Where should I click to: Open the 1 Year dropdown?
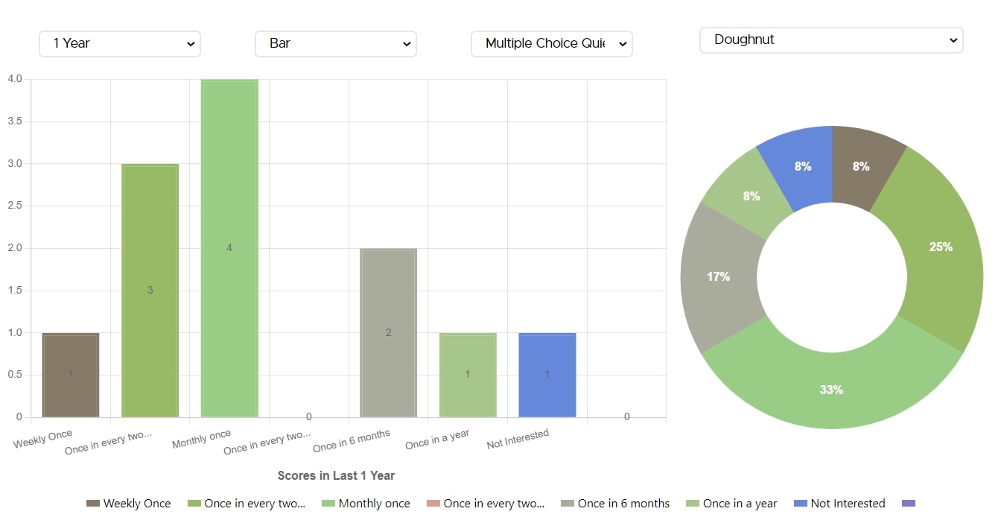click(119, 44)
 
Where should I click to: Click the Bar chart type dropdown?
click(335, 44)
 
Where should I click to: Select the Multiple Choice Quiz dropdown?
click(551, 44)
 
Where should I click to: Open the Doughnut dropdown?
click(830, 40)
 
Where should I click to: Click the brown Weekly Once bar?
click(71, 375)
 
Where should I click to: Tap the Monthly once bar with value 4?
click(229, 248)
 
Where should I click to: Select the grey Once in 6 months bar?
click(388, 332)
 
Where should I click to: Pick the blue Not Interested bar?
click(547, 375)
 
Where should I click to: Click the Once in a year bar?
click(468, 375)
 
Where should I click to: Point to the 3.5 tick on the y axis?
click(15, 121)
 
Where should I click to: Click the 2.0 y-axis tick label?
click(15, 248)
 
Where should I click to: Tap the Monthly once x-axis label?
click(201, 439)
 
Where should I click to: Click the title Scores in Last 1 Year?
click(336, 475)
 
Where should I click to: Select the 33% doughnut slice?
click(831, 390)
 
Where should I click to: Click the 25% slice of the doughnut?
click(940, 247)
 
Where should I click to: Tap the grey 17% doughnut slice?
click(719, 276)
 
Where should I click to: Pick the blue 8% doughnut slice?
click(803, 166)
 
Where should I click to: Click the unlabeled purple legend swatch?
click(908, 504)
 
